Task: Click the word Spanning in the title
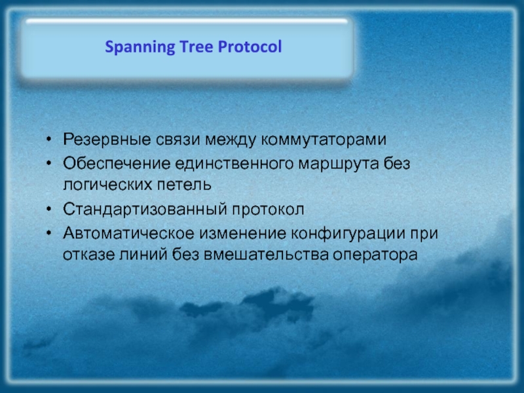140,47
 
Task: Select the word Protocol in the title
250,47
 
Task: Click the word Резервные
107,140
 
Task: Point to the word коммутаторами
324,140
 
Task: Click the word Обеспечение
117,163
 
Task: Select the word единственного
234,164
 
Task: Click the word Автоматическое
128,233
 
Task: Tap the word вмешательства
266,255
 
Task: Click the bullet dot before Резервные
49,139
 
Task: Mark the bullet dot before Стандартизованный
49,209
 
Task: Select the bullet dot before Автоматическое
49,233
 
